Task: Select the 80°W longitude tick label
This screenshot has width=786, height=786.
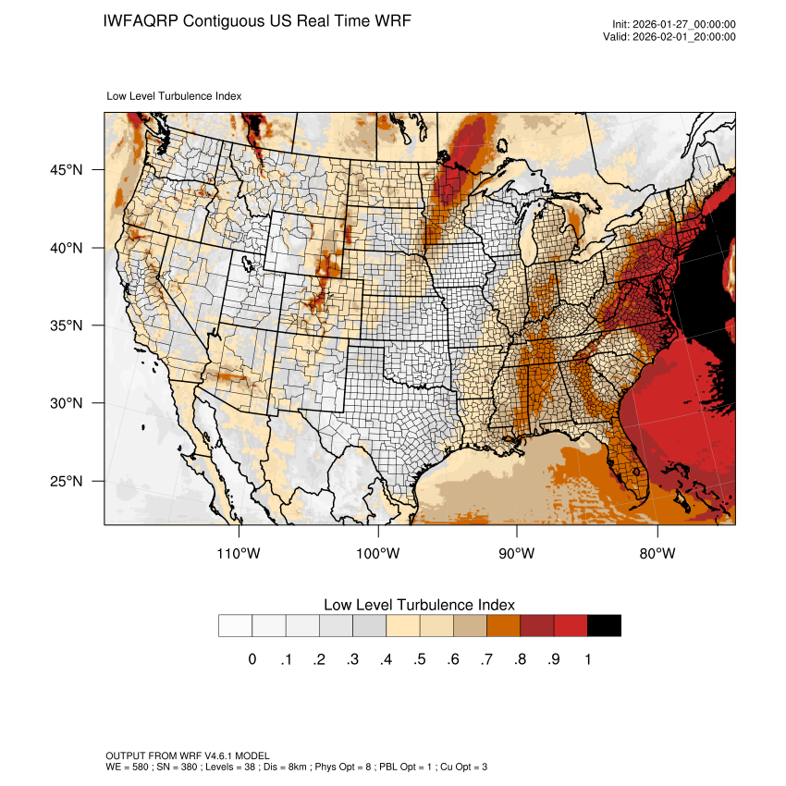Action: click(x=657, y=554)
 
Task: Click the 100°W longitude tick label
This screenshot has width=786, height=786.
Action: click(x=378, y=554)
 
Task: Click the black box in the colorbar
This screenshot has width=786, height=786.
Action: click(x=604, y=626)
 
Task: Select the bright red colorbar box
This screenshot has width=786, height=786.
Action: click(x=571, y=626)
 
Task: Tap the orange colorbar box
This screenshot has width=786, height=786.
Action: click(x=504, y=626)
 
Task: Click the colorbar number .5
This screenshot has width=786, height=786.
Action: click(x=419, y=659)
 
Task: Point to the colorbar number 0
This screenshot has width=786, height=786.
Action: click(x=252, y=659)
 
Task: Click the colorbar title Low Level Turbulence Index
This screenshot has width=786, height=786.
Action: click(x=419, y=605)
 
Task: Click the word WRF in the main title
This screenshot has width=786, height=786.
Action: click(x=389, y=20)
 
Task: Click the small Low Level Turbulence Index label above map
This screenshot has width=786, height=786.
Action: click(x=175, y=95)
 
